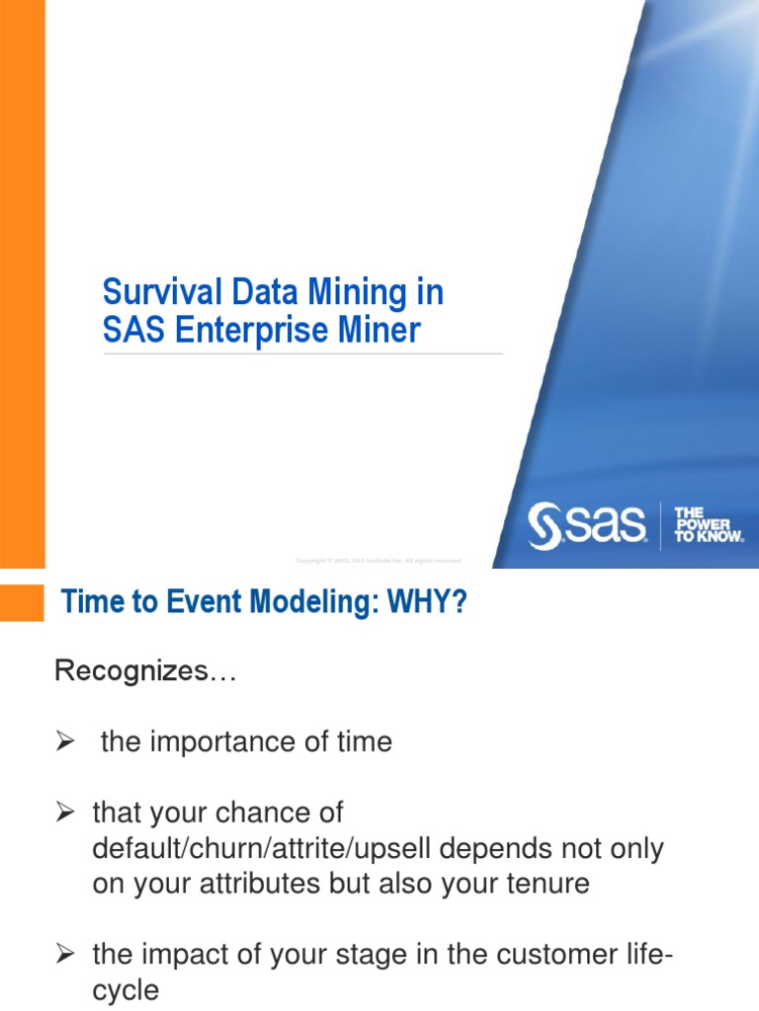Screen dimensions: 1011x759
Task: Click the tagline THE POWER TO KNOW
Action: tap(708, 526)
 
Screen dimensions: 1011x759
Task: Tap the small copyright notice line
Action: tap(379, 561)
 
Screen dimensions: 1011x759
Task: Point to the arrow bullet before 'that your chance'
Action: tap(66, 814)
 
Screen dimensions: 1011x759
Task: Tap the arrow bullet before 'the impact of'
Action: tap(66, 955)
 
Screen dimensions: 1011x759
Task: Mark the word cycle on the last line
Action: tap(126, 990)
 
